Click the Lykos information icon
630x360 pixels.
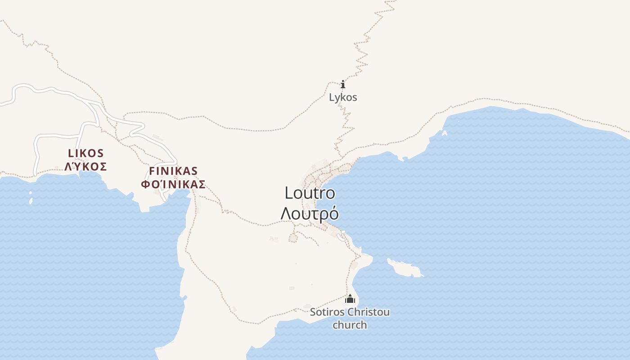[343, 84]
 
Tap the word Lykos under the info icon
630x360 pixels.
[343, 97]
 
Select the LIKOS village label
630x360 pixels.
[86, 153]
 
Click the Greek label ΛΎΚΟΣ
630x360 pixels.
[86, 167]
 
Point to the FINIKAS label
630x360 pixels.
[173, 171]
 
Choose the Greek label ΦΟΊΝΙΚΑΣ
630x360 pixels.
[173, 184]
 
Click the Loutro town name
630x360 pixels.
[310, 193]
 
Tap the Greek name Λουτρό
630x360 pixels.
[310, 213]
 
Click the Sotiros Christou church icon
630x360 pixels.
[350, 299]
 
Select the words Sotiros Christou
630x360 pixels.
[350, 312]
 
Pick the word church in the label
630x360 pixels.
[350, 325]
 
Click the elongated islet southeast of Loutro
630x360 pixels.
[405, 269]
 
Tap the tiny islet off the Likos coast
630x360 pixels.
[31, 198]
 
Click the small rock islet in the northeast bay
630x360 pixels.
[445, 133]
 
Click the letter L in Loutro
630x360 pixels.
[288, 193]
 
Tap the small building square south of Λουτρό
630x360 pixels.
[293, 238]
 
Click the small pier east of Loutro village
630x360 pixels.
[341, 237]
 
